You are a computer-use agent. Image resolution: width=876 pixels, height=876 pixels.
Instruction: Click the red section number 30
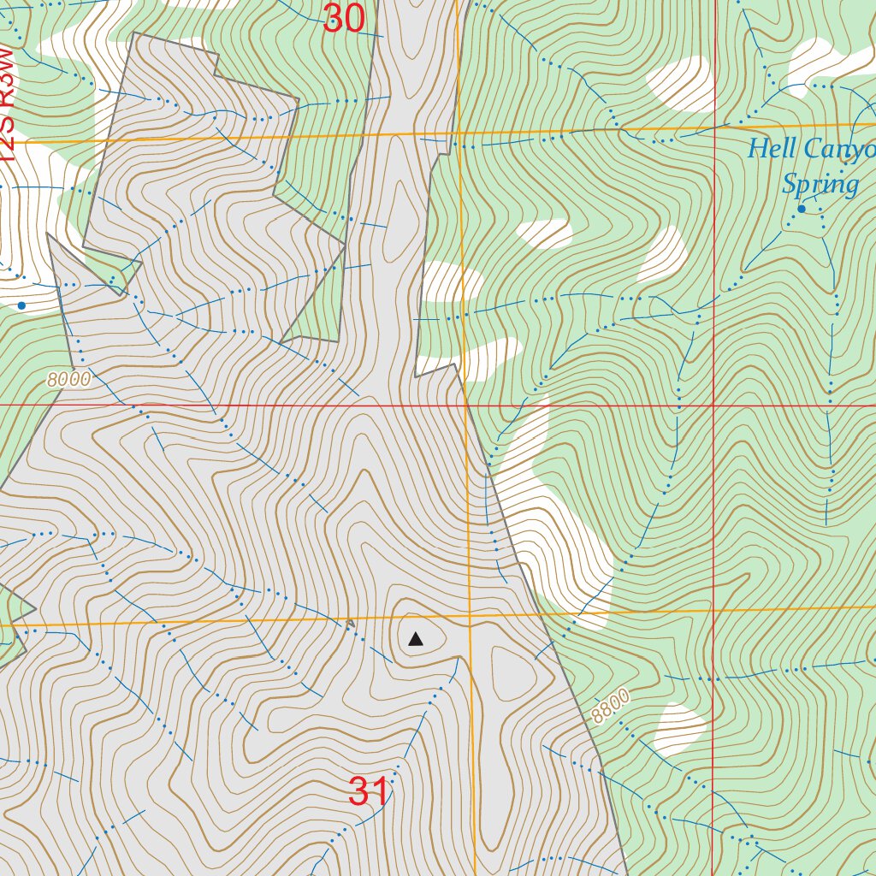(x=344, y=19)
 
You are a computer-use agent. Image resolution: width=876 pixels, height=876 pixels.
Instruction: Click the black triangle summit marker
(x=416, y=639)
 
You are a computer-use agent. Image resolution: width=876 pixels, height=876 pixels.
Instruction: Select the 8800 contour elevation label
(x=610, y=707)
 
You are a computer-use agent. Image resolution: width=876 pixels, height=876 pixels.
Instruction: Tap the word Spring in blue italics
(x=820, y=184)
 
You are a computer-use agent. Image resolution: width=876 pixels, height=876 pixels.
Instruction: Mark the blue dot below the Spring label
(x=802, y=209)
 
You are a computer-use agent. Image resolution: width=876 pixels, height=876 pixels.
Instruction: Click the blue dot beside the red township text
(x=21, y=305)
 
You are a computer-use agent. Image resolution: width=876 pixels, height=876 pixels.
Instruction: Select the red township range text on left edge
(x=7, y=103)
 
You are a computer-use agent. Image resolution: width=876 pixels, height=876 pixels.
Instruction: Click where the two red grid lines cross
(x=713, y=405)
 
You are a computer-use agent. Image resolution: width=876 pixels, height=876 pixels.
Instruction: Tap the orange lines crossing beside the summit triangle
(x=469, y=615)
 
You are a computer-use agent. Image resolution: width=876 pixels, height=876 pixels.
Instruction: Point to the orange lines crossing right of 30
(x=459, y=133)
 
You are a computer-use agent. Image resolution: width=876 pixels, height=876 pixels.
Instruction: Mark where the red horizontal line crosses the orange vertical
(x=465, y=405)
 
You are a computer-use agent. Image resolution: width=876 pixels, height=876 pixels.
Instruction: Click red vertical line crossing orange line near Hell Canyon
(x=713, y=129)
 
